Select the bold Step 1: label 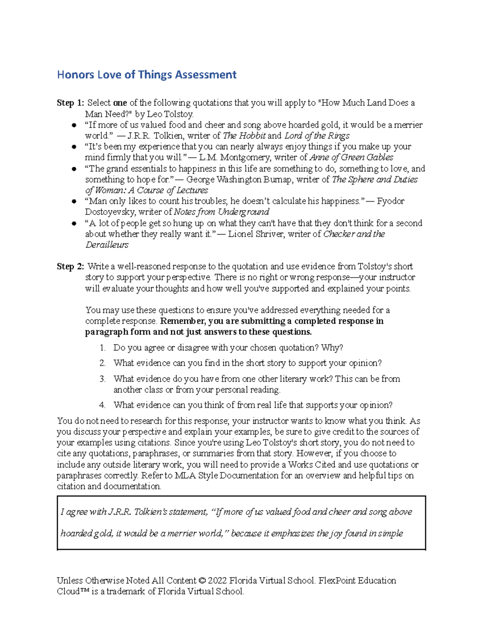pyautogui.click(x=70, y=103)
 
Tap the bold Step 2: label pyautogui.click(x=70, y=266)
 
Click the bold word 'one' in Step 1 pyautogui.click(x=120, y=103)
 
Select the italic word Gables pyautogui.click(x=380, y=157)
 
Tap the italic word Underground pyautogui.click(x=243, y=212)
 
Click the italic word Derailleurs pyautogui.click(x=107, y=245)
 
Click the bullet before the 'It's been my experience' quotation pyautogui.click(x=74, y=147)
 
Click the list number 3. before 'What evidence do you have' pyautogui.click(x=103, y=379)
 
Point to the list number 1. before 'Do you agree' pyautogui.click(x=103, y=348)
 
